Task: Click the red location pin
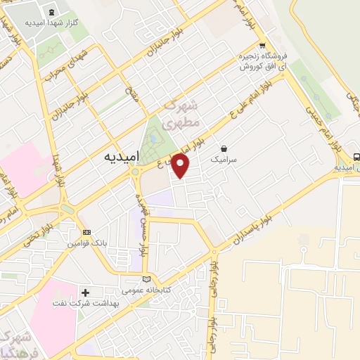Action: [181, 165]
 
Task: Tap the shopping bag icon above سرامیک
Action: [224, 148]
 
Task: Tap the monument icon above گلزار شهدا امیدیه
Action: [53, 11]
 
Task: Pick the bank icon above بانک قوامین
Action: [86, 232]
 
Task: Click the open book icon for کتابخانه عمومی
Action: [146, 279]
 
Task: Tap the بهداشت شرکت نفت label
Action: [104, 303]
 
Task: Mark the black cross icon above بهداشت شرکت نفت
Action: [86, 292]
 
